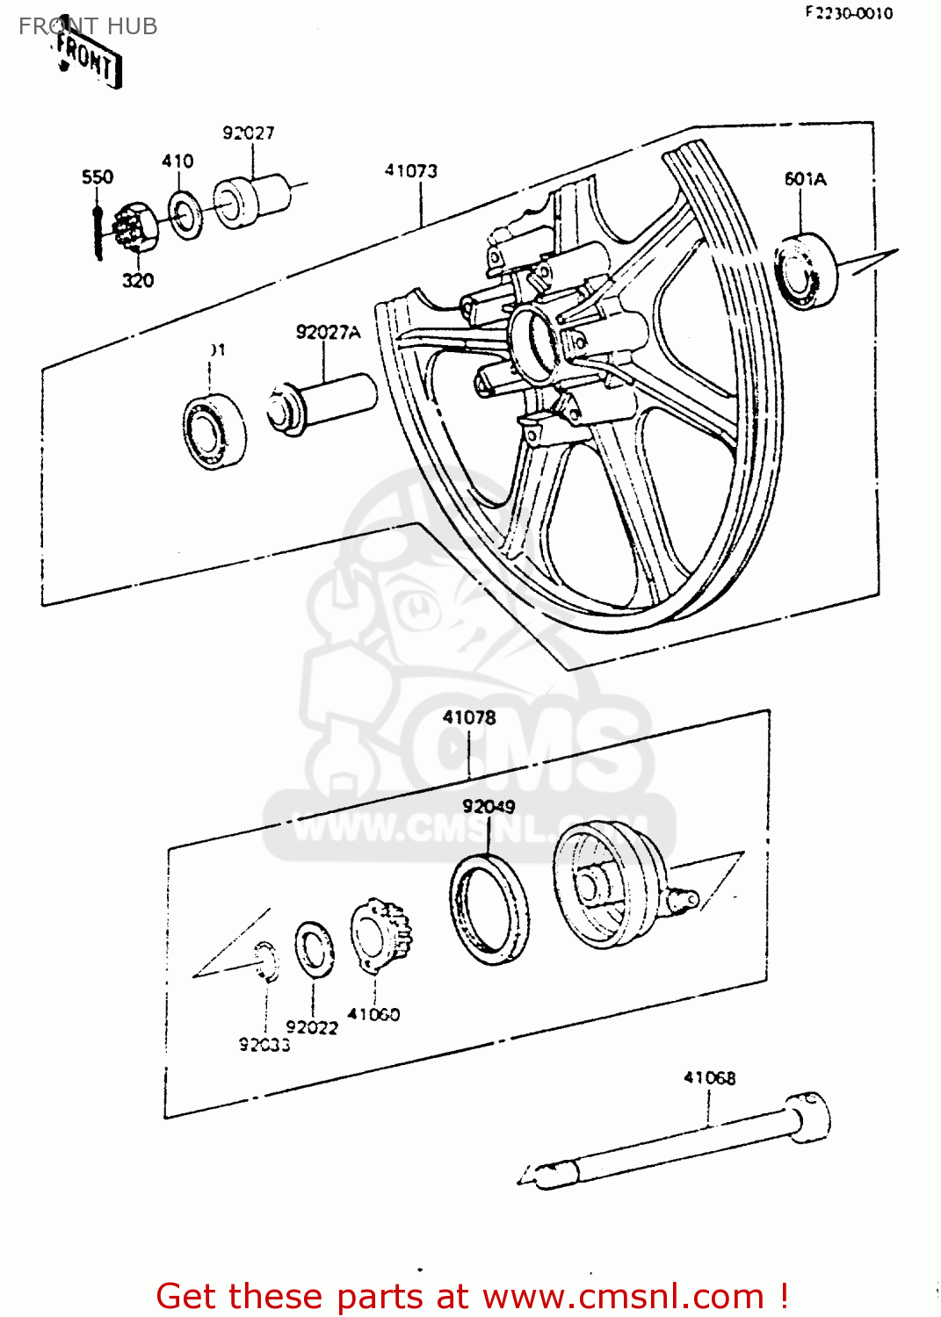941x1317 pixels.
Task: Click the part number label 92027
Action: tap(249, 133)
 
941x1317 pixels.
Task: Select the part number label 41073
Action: tap(410, 170)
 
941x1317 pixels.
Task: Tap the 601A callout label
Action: tap(805, 179)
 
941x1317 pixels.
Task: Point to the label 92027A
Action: tap(328, 332)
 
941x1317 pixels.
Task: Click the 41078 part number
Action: tap(469, 717)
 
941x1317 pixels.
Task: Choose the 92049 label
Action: tap(489, 806)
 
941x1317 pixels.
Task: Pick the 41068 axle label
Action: tap(710, 1077)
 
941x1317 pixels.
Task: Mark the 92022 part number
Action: tap(312, 1027)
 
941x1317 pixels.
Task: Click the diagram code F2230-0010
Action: tap(849, 13)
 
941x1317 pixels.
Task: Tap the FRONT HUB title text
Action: tap(88, 26)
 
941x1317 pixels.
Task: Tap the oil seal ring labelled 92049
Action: tap(489, 909)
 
